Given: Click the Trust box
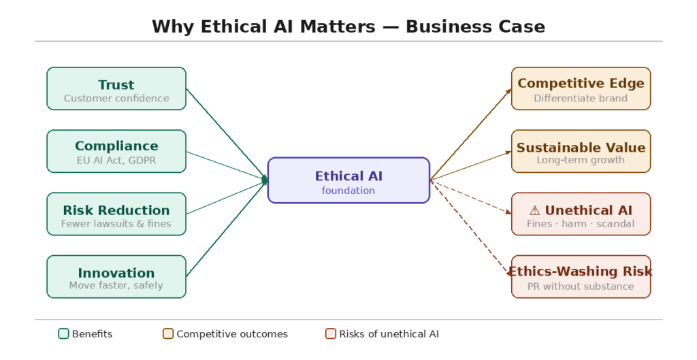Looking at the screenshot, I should click(116, 88).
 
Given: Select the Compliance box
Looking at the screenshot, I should click(116, 151).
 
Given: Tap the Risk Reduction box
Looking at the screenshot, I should click(116, 214).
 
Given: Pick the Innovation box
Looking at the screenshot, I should click(116, 276).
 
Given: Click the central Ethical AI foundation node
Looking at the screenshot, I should click(348, 180).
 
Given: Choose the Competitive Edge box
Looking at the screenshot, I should click(581, 88).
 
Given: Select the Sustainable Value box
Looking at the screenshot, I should click(581, 151).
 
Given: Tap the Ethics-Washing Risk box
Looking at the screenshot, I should click(581, 276).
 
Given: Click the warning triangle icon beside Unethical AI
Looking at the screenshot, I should click(534, 210).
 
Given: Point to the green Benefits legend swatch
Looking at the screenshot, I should click(63, 333).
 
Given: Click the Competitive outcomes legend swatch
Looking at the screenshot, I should click(168, 333).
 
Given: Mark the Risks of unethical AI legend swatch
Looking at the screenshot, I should click(331, 333).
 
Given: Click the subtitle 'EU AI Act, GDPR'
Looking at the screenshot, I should click(116, 161).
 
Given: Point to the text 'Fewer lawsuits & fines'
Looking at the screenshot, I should click(116, 223).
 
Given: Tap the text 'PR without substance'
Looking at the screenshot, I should click(581, 286).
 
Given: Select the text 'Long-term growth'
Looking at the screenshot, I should click(581, 160).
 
